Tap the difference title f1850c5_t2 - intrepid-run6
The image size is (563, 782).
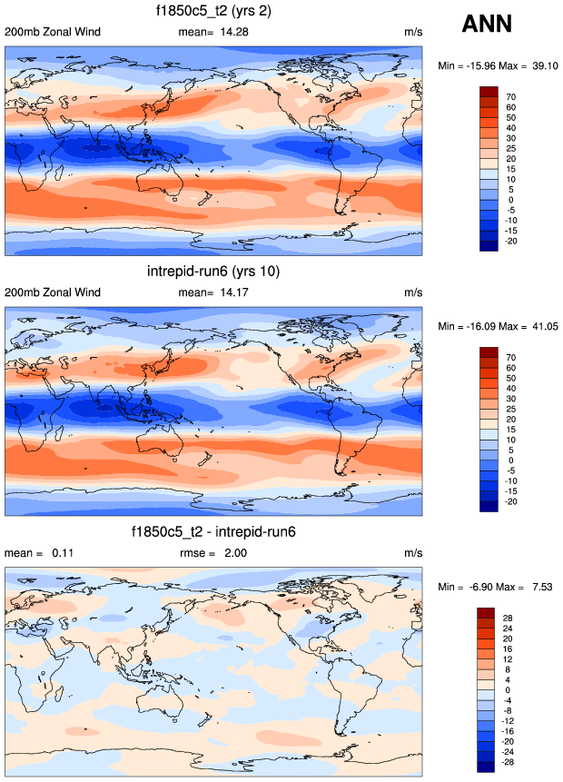pyautogui.click(x=214, y=532)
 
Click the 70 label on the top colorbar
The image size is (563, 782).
pyautogui.click(x=510, y=96)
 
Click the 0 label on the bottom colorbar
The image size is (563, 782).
pyautogui.click(x=508, y=690)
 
